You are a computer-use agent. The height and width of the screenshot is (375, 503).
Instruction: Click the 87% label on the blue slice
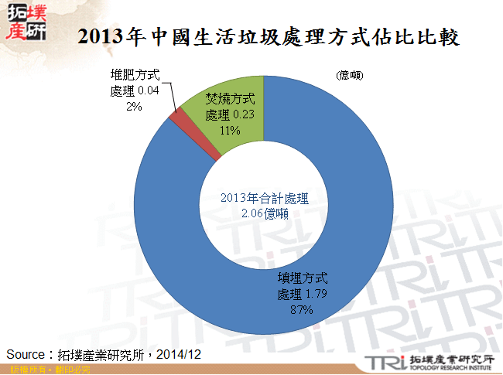pyautogui.click(x=300, y=310)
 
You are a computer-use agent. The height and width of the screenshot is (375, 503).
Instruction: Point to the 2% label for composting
pyautogui.click(x=134, y=107)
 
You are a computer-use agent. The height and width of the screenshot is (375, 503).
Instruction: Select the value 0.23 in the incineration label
pyautogui.click(x=245, y=114)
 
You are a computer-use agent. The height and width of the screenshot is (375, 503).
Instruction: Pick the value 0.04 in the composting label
pyautogui.click(x=149, y=90)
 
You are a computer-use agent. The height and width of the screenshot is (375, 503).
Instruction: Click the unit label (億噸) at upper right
pyautogui.click(x=350, y=77)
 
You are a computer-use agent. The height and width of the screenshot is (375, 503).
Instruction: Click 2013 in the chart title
pyautogui.click(x=99, y=36)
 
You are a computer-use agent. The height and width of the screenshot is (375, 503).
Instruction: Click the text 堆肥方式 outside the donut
pyautogui.click(x=135, y=76)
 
